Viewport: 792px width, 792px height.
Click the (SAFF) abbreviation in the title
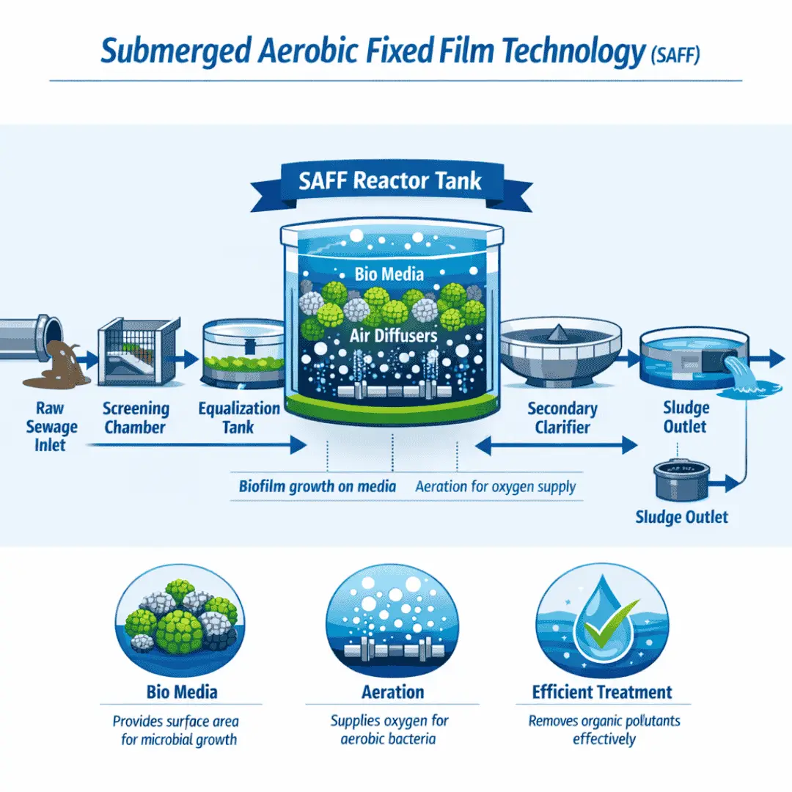675,54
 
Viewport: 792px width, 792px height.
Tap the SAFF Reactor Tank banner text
390,181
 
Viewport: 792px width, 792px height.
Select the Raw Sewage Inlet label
51,426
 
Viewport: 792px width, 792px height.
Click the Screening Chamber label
136,418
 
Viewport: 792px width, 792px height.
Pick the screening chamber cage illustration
139,351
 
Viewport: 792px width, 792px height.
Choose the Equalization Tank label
238,418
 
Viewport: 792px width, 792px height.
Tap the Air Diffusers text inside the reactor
394,335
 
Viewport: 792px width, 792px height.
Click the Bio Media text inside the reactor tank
389,274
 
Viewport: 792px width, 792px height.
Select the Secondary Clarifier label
562,418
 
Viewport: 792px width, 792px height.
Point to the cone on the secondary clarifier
557,332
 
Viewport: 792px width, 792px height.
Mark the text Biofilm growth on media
318,486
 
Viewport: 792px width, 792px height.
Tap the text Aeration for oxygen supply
496,486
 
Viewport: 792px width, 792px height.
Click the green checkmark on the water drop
609,623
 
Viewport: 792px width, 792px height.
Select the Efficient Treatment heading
602,692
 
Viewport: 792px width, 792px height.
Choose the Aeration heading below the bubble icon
392,692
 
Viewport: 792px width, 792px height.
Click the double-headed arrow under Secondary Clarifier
557,446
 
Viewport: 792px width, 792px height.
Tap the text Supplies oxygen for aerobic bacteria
389,730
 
